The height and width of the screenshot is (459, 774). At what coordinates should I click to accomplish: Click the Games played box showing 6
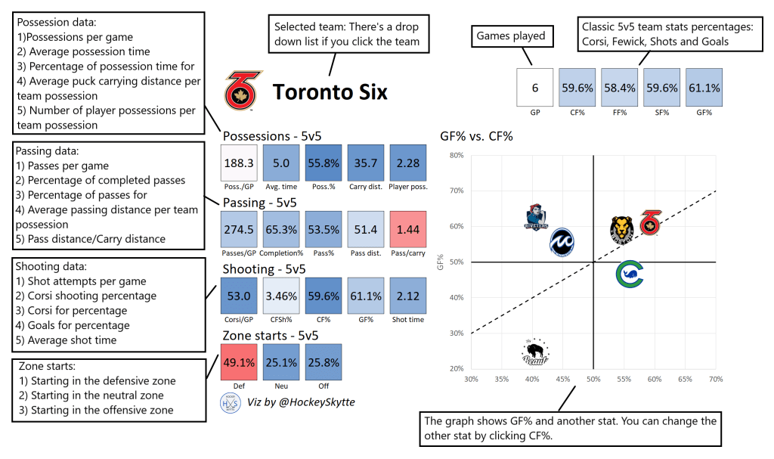coord(535,88)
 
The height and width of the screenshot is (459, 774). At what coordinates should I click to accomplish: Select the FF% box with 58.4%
coord(619,88)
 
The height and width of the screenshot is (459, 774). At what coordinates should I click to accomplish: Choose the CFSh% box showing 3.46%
coord(282,296)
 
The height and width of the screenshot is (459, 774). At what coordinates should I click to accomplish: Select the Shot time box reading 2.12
coord(410,296)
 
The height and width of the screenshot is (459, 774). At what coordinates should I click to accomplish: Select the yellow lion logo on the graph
coord(621,229)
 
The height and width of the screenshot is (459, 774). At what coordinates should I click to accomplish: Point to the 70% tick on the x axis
coord(715,379)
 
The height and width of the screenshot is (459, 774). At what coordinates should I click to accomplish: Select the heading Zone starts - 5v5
coord(270,335)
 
